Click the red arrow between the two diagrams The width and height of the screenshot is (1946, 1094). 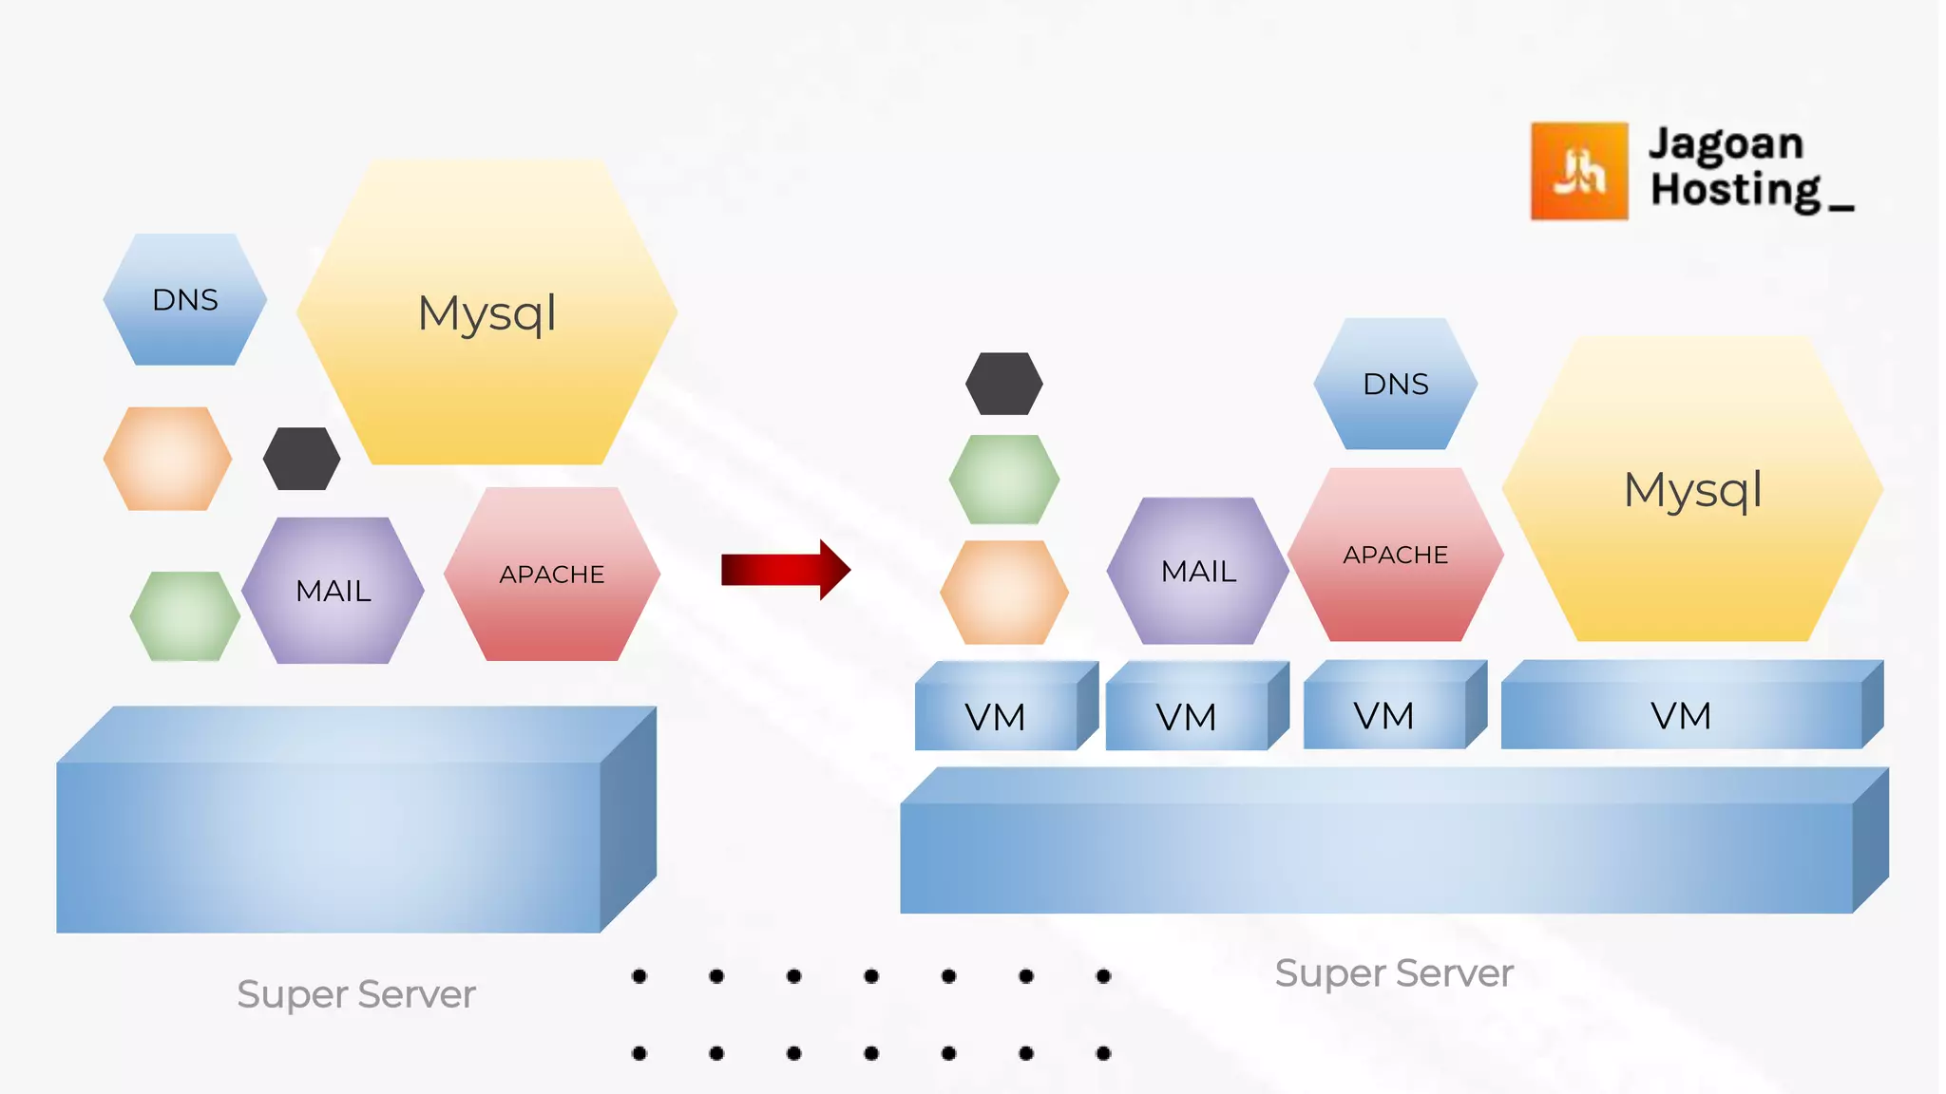[x=785, y=570]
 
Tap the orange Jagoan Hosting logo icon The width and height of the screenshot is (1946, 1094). [x=1578, y=171]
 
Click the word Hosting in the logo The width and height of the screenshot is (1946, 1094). [x=1735, y=190]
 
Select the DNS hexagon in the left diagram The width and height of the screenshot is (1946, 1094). [x=185, y=300]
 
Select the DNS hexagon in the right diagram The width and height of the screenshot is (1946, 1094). [x=1395, y=384]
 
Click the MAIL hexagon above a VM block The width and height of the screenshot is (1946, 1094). [x=1198, y=572]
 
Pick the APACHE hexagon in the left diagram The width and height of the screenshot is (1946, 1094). [x=552, y=575]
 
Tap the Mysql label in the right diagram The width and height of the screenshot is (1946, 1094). [x=1692, y=491]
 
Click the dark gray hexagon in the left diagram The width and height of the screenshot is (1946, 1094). [x=301, y=459]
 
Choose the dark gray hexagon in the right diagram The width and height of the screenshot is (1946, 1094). [x=1003, y=384]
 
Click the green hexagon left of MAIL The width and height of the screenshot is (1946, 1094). [x=185, y=616]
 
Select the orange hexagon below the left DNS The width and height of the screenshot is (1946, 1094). [x=167, y=459]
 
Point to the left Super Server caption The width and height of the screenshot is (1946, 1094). [x=356, y=994]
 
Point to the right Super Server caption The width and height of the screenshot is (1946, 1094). [x=1394, y=973]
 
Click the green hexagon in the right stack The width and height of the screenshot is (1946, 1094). [x=1003, y=480]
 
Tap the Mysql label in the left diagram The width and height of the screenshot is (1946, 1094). [x=486, y=313]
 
